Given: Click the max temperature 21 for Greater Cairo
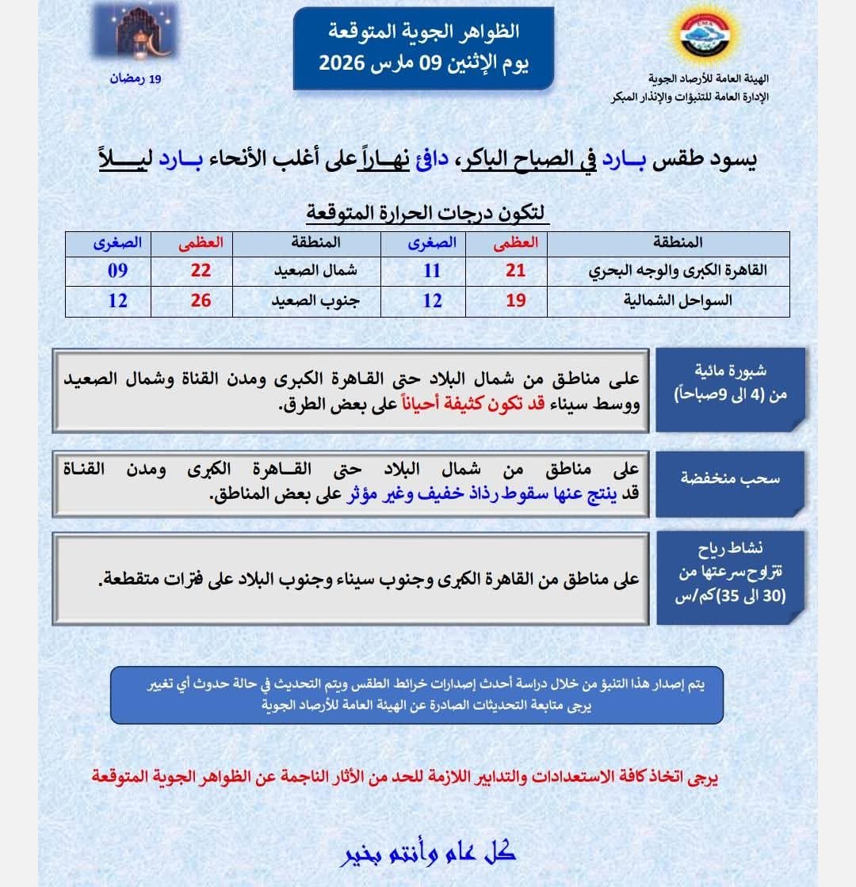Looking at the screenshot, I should click(516, 271).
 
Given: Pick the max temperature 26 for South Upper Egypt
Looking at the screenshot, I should click(201, 301).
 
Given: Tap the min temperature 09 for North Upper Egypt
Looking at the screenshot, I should click(117, 271).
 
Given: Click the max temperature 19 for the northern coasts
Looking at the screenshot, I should click(516, 301).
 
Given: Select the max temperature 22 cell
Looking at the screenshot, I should click(201, 271).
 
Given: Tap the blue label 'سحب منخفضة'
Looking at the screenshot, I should click(730, 480).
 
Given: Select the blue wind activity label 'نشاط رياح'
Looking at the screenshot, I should click(730, 548).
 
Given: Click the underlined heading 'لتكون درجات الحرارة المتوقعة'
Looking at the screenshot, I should click(426, 213).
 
